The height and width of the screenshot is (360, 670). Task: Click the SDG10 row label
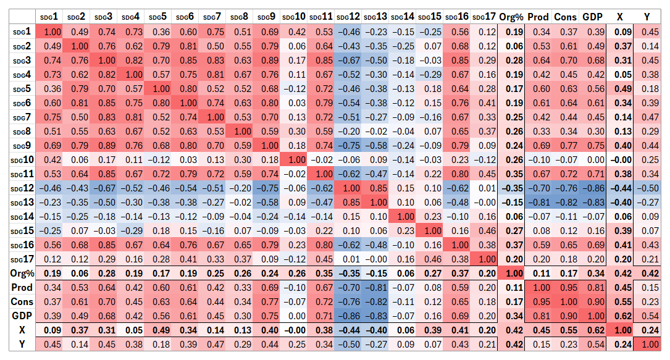point(19,160)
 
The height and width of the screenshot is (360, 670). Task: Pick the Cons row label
point(19,302)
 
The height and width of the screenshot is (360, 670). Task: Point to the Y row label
point(19,344)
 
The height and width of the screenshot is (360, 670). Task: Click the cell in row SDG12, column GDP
point(593,188)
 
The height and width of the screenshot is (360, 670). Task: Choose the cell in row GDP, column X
point(623,316)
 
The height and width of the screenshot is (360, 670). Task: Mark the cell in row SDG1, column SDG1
point(52,31)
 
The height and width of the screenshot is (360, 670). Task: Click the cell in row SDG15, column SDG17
point(484,230)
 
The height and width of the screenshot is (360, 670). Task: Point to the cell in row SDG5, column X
point(623,88)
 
